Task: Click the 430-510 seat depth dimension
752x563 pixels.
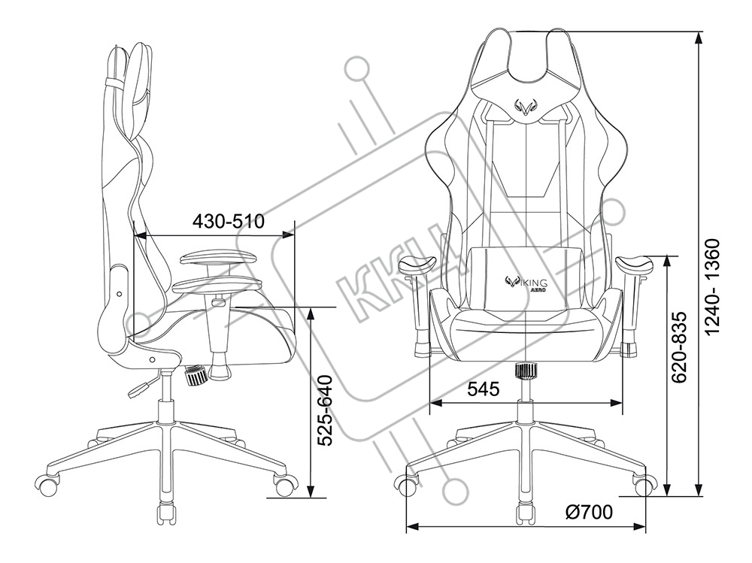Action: (x=229, y=222)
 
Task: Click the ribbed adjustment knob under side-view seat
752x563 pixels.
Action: (x=197, y=374)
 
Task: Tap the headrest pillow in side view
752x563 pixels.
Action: (x=139, y=83)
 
